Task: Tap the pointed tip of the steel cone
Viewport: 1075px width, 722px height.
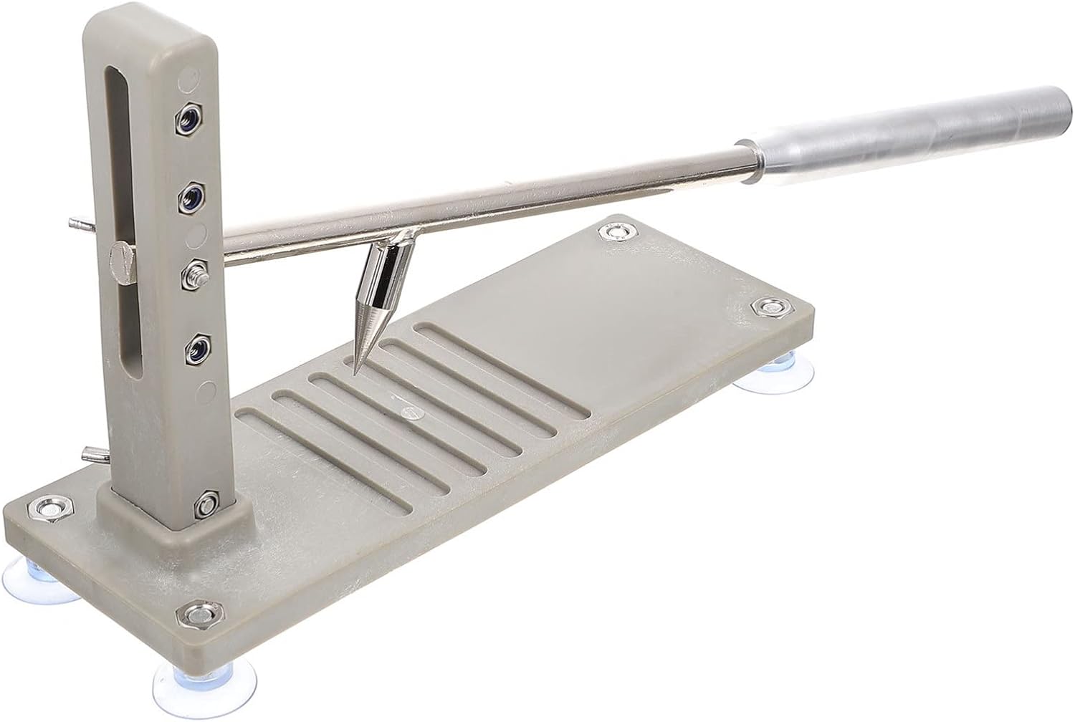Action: (355, 369)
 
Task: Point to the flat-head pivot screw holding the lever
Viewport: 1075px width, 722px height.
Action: (121, 261)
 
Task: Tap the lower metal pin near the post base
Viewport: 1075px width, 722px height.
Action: (93, 454)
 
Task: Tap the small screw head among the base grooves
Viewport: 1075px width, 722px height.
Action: (409, 412)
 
